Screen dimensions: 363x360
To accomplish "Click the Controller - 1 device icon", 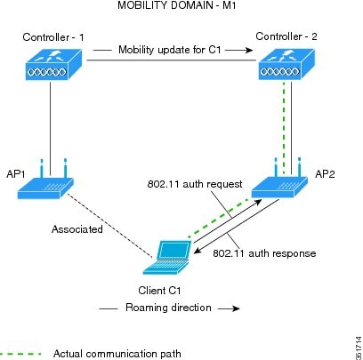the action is coord(53,64).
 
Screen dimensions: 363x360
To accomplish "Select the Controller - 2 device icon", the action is coord(286,64).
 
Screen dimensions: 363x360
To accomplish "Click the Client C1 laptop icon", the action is coord(167,258).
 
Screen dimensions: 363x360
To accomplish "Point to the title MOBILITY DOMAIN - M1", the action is coord(177,5).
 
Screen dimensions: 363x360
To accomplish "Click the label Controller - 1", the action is coord(53,37).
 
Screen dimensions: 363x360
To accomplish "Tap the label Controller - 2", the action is coord(286,36).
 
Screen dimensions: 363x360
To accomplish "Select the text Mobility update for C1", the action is coord(170,50).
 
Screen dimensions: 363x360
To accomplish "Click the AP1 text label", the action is coord(16,174).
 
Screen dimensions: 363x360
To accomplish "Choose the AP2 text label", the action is coord(325,174).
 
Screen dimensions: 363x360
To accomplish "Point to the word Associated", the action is coord(77,229).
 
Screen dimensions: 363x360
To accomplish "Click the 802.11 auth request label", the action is coord(195,184).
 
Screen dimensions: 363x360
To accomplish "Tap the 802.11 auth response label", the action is coord(264,253).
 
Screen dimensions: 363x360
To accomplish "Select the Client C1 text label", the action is coord(159,291).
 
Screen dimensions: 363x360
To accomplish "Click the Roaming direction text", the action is coord(168,308).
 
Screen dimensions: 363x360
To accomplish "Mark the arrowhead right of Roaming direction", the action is coord(236,308).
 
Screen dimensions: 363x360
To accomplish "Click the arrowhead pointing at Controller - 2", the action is coord(248,50).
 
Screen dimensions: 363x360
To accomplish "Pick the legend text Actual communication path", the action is coord(117,354).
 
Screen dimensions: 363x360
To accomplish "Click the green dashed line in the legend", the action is coord(20,354).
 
